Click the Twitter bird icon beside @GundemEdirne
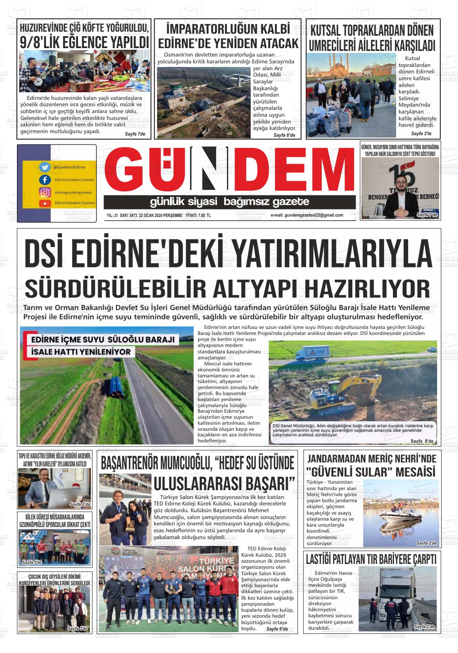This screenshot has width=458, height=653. click(x=45, y=167)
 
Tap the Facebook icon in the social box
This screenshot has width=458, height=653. click(x=45, y=180)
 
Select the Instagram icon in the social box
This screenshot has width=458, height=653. click(x=45, y=192)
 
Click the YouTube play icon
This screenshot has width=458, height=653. click(x=45, y=203)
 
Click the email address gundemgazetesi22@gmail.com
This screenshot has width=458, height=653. click(x=307, y=215)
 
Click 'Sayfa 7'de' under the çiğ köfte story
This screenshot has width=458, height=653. click(x=136, y=134)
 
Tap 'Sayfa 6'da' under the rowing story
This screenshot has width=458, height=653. click(x=277, y=629)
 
